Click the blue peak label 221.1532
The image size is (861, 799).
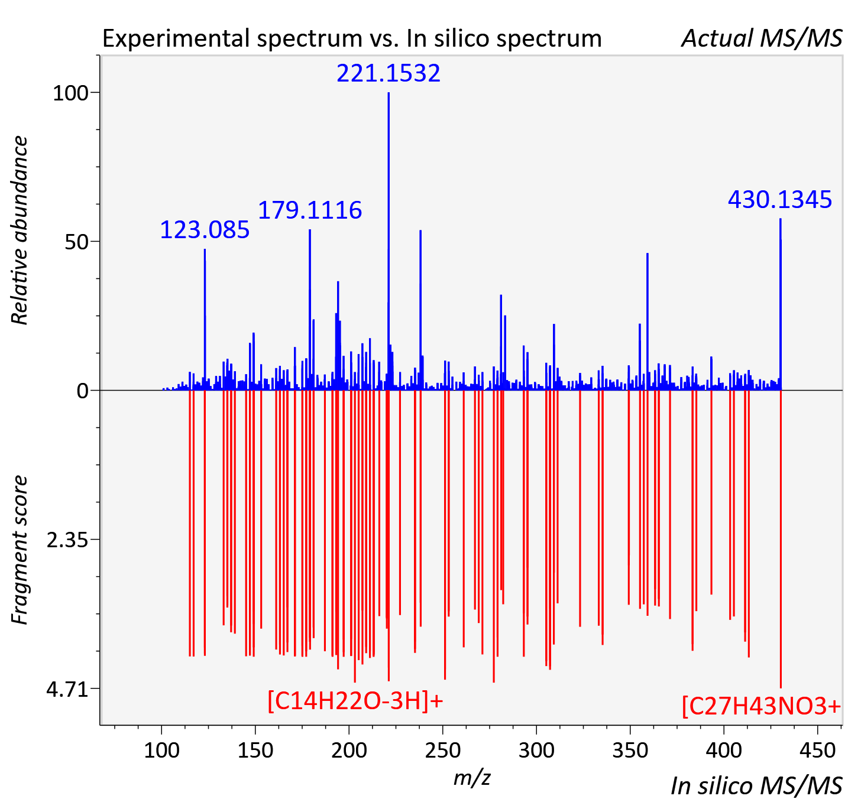[x=388, y=73]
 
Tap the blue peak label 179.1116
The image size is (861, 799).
[x=309, y=210]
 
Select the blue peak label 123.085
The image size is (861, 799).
[x=205, y=230]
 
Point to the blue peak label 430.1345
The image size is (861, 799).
[x=779, y=200]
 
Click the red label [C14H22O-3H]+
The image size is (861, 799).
[x=355, y=701]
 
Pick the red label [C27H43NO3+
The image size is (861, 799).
[x=761, y=707]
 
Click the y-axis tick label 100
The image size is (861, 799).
[x=70, y=93]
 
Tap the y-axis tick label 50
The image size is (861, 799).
[x=76, y=242]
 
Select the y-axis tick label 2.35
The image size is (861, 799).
[x=67, y=540]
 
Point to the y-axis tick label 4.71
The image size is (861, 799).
[x=67, y=690]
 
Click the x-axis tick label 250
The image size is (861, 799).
[x=443, y=750]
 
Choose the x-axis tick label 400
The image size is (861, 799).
[x=724, y=750]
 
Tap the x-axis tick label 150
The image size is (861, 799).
[x=255, y=750]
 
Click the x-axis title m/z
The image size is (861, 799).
[x=472, y=778]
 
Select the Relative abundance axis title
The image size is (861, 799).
[x=20, y=230]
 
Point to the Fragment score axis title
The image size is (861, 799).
[x=20, y=550]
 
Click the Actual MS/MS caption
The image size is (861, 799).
[x=762, y=38]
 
